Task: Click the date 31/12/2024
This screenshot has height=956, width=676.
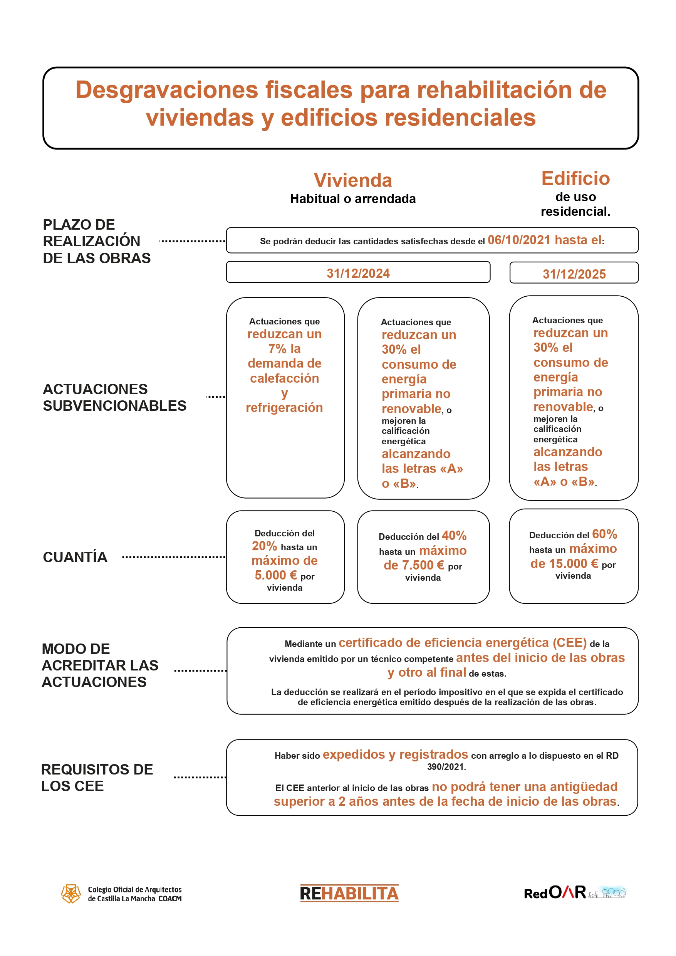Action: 358,274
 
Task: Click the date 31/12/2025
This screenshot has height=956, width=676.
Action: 574,274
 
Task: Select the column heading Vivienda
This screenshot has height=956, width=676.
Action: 352,180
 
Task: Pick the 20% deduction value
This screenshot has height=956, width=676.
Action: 264,546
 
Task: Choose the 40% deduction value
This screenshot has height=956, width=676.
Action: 454,536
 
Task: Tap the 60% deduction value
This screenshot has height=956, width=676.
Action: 604,534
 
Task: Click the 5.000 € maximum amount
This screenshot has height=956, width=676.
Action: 275,575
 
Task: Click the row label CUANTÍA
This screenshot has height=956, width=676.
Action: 75,557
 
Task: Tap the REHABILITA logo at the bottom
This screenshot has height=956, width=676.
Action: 349,893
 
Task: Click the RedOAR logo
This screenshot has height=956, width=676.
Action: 574,892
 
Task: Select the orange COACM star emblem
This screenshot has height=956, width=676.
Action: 71,894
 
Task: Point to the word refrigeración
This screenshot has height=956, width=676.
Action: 284,407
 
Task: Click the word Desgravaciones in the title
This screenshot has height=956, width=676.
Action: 167,90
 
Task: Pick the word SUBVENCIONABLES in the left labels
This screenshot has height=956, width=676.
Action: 114,405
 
